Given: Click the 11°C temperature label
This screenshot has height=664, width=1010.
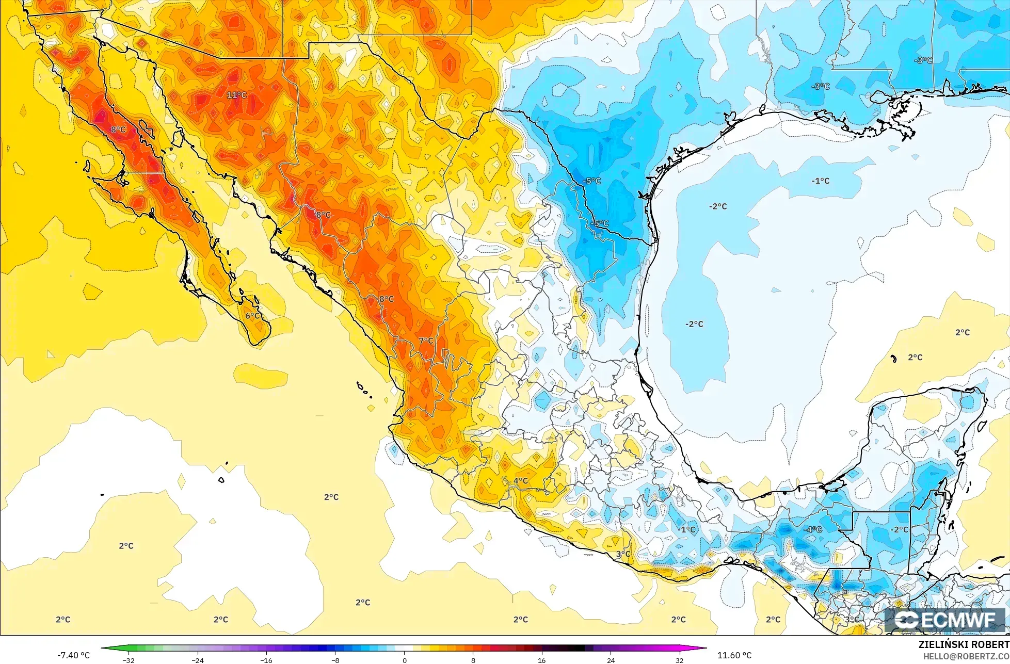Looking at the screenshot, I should (x=237, y=95).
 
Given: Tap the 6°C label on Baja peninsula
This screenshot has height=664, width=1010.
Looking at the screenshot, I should (x=253, y=316).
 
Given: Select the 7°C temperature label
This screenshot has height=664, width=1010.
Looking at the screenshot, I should (x=426, y=341).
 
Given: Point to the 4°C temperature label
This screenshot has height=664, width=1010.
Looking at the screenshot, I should (x=520, y=481).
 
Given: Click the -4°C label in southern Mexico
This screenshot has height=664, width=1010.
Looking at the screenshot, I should (x=812, y=529).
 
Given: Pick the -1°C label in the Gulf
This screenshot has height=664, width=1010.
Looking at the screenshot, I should (x=820, y=181).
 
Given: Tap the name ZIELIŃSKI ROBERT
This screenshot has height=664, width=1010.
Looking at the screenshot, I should (x=964, y=644).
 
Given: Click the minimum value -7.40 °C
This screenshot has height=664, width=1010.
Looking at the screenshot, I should (x=73, y=655).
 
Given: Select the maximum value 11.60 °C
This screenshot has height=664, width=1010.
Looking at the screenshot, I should (x=734, y=655).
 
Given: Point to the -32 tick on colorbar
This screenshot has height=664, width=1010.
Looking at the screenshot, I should (x=129, y=660).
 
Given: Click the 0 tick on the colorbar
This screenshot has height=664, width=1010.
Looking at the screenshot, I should (x=404, y=660).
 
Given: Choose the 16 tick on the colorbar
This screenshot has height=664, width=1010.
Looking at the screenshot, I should (x=542, y=660).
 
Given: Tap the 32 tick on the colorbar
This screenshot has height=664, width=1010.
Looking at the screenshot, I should (x=679, y=660).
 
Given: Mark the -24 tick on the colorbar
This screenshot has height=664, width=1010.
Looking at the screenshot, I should (x=198, y=660).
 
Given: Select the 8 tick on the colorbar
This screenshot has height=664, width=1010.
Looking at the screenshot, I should (x=473, y=660).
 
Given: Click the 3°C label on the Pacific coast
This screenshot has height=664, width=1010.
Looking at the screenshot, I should (x=623, y=554).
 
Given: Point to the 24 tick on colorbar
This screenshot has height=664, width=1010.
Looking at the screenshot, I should (x=611, y=660).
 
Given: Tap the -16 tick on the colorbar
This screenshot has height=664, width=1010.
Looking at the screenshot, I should (x=266, y=660).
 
